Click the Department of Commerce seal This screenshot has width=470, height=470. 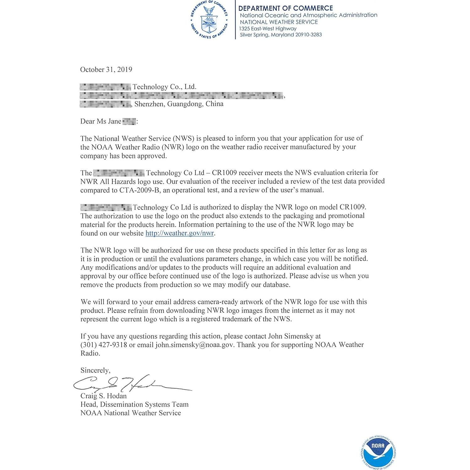pyautogui.click(x=209, y=20)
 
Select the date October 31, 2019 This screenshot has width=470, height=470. pyautogui.click(x=106, y=70)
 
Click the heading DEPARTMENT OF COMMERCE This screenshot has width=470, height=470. pyautogui.click(x=286, y=8)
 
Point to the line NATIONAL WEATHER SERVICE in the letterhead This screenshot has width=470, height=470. pyautogui.click(x=279, y=22)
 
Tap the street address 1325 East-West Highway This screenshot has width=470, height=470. pyautogui.click(x=268, y=29)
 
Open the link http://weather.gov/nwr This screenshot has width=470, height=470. pyautogui.click(x=180, y=233)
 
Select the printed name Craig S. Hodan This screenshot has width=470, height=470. pyautogui.click(x=104, y=396)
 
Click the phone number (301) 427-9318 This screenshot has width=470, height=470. pyautogui.click(x=104, y=345)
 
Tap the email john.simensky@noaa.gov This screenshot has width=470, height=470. pyautogui.click(x=195, y=345)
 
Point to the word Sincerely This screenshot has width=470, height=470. pyautogui.click(x=95, y=370)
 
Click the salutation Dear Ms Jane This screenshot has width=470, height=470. pyautogui.click(x=101, y=121)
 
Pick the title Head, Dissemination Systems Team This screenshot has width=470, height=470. pyautogui.click(x=134, y=404)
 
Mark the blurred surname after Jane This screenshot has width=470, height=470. pyautogui.click(x=129, y=121)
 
